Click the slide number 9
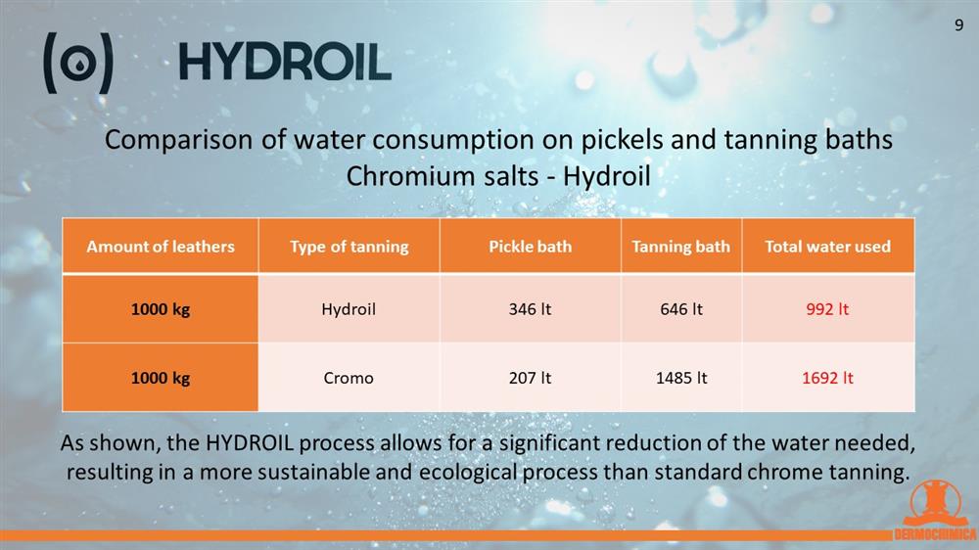959,25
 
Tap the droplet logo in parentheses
78,63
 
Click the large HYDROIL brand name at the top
285,62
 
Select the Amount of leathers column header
161,247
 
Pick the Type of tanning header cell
350,247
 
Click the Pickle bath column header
530,247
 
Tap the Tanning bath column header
681,247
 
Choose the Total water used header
828,247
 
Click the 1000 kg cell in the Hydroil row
161,309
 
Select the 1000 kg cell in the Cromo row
161,378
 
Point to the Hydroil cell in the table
349,309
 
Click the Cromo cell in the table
349,378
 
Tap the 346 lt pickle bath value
530,309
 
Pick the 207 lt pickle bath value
530,378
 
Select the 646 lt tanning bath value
681,309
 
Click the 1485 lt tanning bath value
681,378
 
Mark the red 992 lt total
828,309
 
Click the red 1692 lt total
828,378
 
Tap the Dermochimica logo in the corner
935,511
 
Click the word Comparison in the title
178,140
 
